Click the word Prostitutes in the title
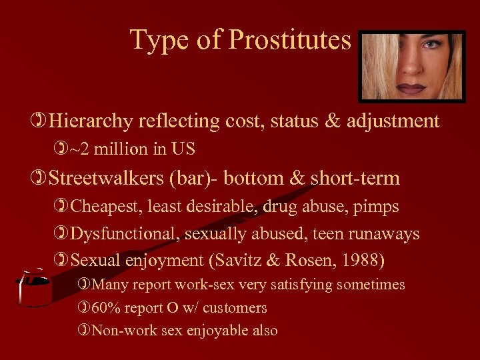[x=289, y=40]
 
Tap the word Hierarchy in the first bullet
[x=92, y=121]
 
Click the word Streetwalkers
[x=102, y=179]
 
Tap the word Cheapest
[x=100, y=207]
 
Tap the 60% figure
[x=106, y=308]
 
